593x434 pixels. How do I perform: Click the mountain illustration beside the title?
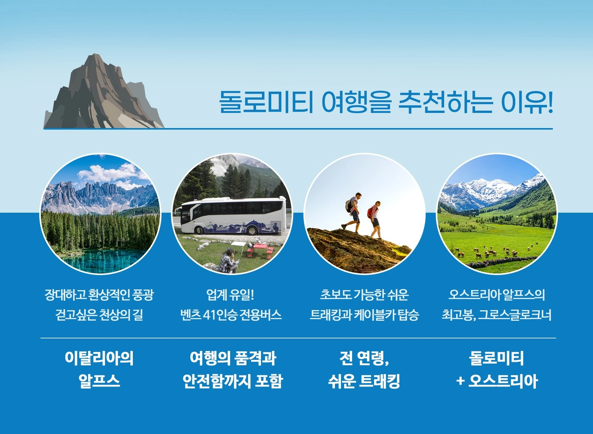pos(103,92)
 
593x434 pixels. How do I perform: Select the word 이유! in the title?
pos(527,102)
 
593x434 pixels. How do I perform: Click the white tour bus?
pos(230,216)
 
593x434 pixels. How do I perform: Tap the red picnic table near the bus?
pos(260,249)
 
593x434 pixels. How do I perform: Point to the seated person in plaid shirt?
pos(229,261)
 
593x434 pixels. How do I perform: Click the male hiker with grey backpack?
pos(352,211)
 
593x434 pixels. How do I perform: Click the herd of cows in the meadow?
pos(498,251)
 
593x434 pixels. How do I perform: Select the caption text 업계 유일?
pos(230,295)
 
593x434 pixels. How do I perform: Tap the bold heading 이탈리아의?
pos(99,358)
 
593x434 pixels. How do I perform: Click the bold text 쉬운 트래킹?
pos(364,381)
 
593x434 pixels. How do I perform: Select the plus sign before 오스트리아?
pos(460,381)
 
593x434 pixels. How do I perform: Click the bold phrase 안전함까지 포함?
pos(233,381)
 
